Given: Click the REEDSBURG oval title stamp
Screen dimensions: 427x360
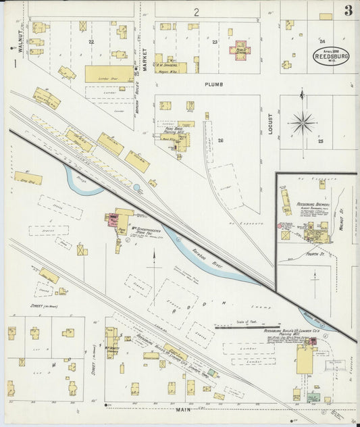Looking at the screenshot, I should (331, 55).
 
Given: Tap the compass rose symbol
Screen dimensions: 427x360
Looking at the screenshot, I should (303, 123).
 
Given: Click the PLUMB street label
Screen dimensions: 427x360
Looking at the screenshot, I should (213, 84).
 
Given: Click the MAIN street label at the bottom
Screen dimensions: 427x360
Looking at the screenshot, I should (180, 409).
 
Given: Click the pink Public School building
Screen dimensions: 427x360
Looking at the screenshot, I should (242, 49).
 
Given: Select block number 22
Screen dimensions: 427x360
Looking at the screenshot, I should (91, 41).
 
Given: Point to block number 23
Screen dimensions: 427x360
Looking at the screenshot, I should (214, 42).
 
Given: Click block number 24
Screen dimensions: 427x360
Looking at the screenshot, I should (322, 41).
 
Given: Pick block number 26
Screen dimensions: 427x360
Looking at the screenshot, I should (220, 140).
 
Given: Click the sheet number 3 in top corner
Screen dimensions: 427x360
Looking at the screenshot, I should (347, 10).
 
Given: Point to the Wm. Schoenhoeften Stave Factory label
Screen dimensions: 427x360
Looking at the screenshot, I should (143, 221).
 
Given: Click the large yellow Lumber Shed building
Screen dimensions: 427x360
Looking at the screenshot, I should (109, 74).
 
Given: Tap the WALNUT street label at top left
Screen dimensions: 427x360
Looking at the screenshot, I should (21, 41).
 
